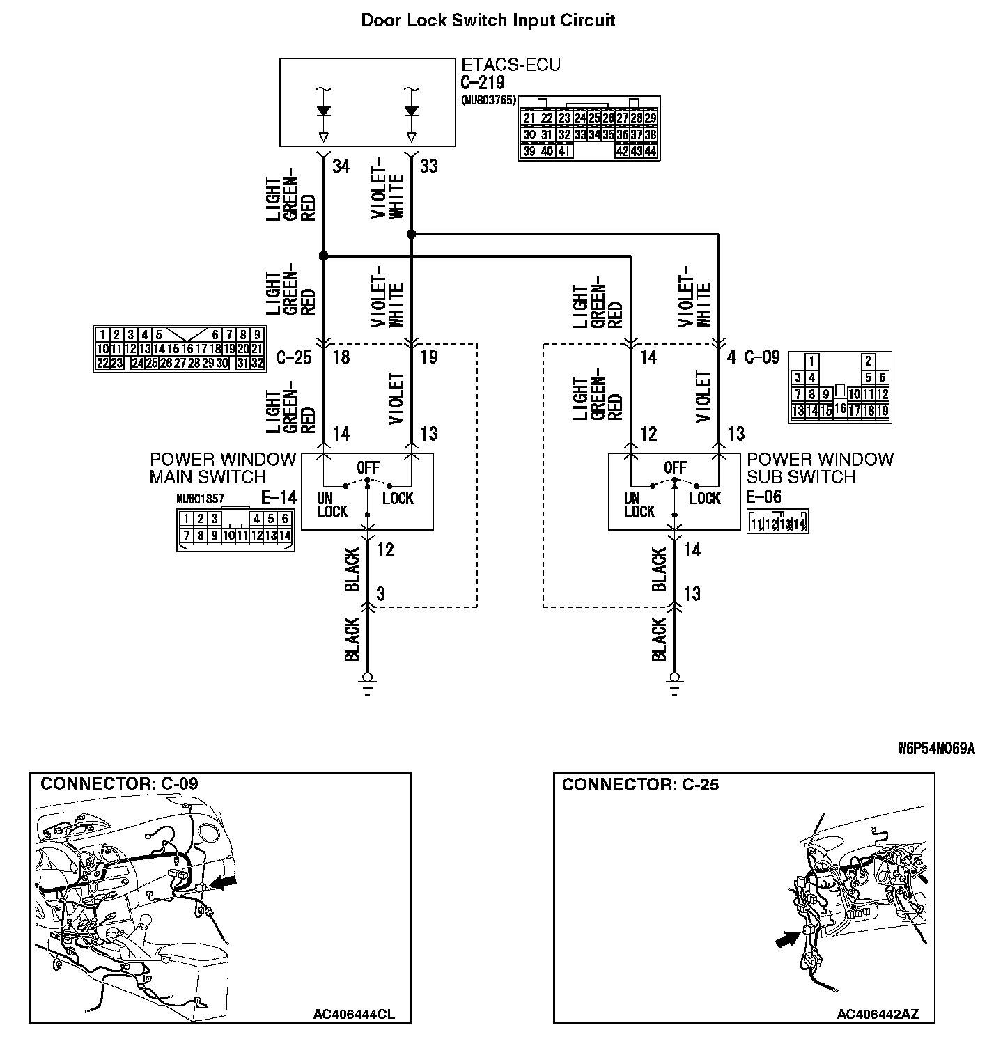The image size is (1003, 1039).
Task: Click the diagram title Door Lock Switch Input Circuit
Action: coord(488,20)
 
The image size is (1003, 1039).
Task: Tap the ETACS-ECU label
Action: coord(511,65)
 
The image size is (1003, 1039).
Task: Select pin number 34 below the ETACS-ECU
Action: coord(341,167)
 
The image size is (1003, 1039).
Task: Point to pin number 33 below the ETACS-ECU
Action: coord(429,167)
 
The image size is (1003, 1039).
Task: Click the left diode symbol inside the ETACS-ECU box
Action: coord(323,110)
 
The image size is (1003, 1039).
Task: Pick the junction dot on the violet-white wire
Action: coord(411,235)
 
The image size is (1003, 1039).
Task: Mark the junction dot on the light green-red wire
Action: coord(323,256)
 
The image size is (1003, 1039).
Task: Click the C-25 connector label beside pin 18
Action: coord(294,358)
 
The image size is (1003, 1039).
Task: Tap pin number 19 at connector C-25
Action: coord(429,358)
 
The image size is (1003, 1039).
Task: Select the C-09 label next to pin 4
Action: coord(762,358)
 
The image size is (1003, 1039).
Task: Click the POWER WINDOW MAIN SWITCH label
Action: coord(223,468)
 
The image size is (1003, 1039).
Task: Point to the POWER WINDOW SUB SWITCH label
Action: coord(820,468)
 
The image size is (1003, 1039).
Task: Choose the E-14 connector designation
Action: coord(278,497)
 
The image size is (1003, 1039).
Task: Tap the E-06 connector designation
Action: coord(763,497)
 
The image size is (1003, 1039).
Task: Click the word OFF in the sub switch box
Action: coord(675,468)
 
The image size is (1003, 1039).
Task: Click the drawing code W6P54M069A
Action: coord(935,749)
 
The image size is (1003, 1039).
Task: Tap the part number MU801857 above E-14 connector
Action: coord(200,499)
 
